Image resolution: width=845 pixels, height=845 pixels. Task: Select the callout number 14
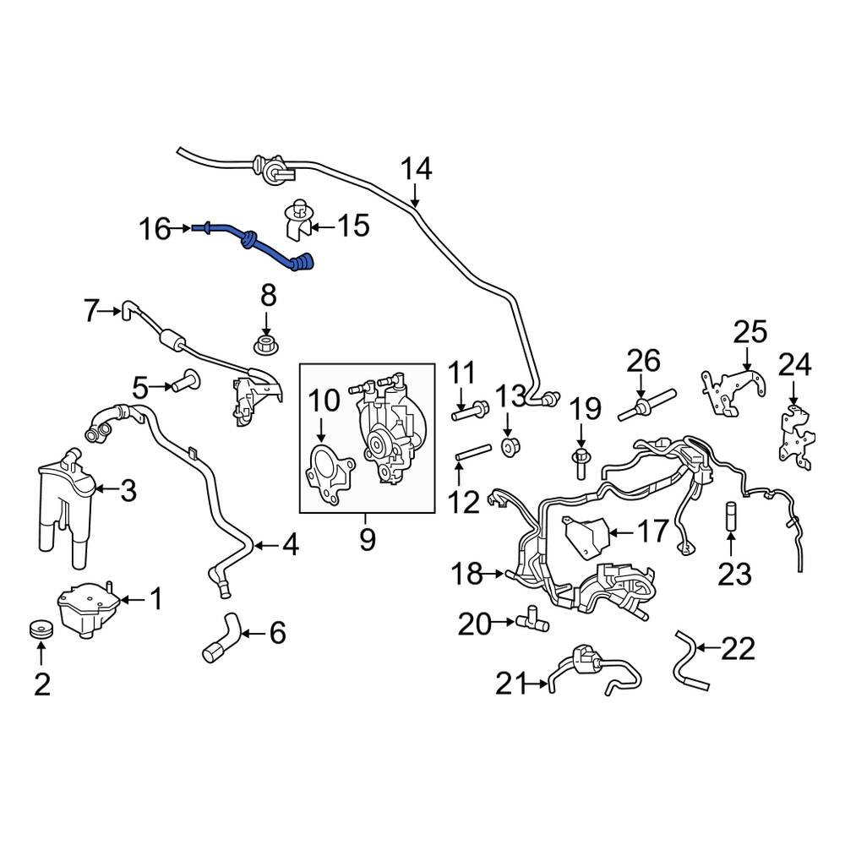coord(416,169)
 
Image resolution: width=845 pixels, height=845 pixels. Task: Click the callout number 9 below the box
coord(367,539)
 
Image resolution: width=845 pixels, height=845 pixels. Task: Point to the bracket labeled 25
coord(728,390)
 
